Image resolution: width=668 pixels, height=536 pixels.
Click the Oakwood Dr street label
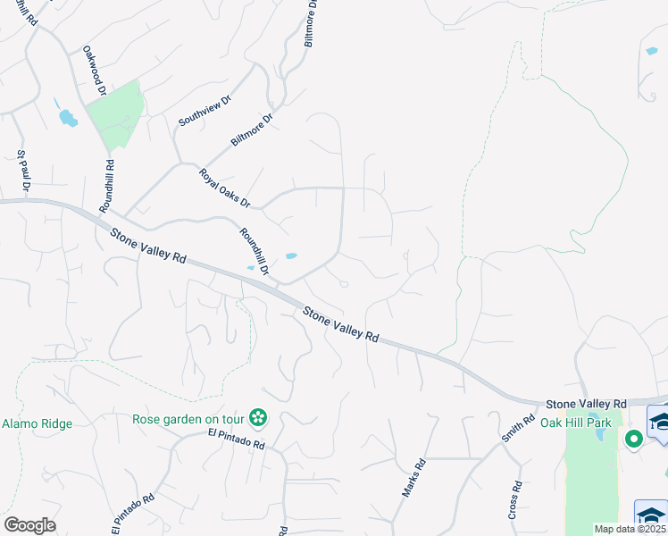95,71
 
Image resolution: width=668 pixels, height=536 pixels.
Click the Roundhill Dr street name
254,251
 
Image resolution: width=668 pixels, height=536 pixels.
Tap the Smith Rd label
512,427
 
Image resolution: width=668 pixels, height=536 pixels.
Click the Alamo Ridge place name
37,423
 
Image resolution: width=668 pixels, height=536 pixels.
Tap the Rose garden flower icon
258,417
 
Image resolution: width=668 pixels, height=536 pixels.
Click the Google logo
29,525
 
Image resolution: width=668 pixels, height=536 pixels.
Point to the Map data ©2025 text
630,529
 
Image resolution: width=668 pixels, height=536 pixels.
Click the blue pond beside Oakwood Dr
67,118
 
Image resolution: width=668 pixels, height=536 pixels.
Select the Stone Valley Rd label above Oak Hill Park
586,404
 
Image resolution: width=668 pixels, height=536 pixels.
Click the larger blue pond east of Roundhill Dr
291,257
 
